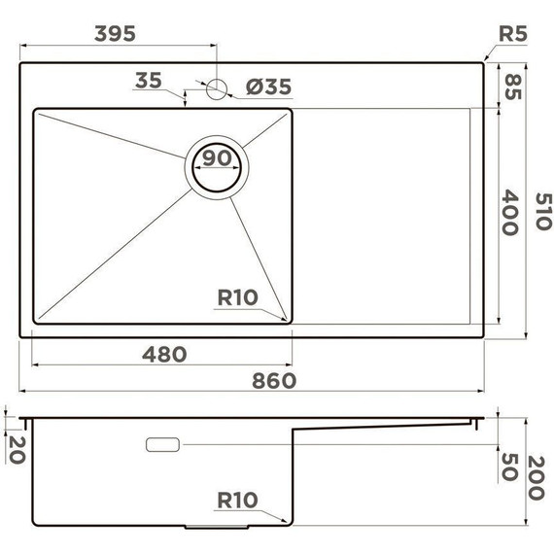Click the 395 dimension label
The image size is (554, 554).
[114, 32]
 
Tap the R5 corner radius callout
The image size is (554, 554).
[512, 34]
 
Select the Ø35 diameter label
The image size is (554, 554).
[268, 87]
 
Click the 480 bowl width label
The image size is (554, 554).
[164, 354]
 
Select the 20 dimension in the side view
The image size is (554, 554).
[14, 447]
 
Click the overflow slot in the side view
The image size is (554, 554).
[162, 444]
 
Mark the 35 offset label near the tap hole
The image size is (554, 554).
[150, 81]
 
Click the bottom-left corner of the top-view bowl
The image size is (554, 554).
[37, 320]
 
